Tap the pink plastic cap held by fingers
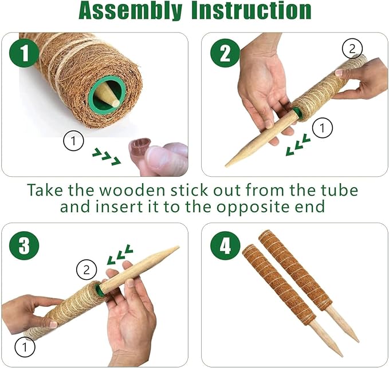tap(139, 148)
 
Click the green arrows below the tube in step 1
tap(107, 156)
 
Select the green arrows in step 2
tap(298, 144)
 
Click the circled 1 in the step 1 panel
tap(73, 141)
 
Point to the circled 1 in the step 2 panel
tap(323, 128)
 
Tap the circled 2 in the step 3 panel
tap(87, 270)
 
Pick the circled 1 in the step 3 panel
tap(25, 347)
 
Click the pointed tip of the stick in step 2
tap(226, 165)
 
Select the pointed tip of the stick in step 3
tap(178, 247)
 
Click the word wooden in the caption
tap(133, 190)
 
